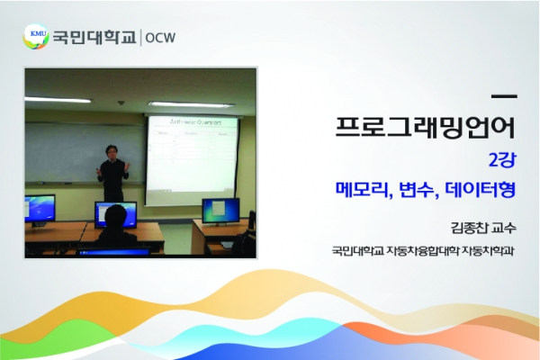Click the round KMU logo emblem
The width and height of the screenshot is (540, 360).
point(36,37)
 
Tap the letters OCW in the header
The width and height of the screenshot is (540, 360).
point(160,38)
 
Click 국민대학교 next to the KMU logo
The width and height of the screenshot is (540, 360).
point(94,37)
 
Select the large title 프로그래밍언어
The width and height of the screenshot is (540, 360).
point(425,127)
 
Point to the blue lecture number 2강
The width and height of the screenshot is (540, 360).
point(502,160)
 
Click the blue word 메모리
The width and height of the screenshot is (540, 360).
point(364,190)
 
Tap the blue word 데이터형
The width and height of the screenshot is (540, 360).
point(480,190)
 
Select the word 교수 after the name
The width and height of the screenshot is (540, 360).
point(504,228)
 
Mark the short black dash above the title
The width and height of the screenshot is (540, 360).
point(504,97)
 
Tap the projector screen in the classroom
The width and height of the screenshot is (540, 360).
point(193,159)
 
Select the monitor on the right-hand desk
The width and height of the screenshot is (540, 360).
point(220,211)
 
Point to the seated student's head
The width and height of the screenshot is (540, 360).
point(116,216)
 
